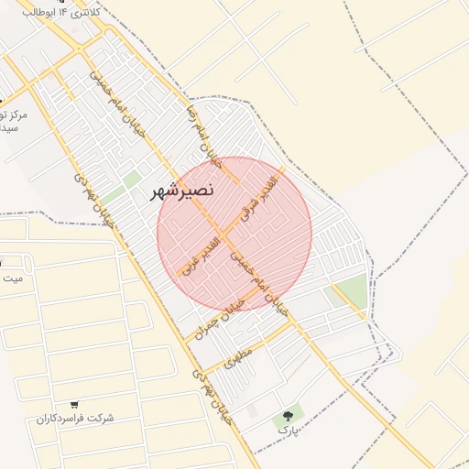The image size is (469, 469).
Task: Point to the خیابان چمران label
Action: coord(226,313)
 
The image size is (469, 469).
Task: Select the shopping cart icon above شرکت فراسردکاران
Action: coord(74,404)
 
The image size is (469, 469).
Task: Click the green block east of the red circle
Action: coord(349,289)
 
